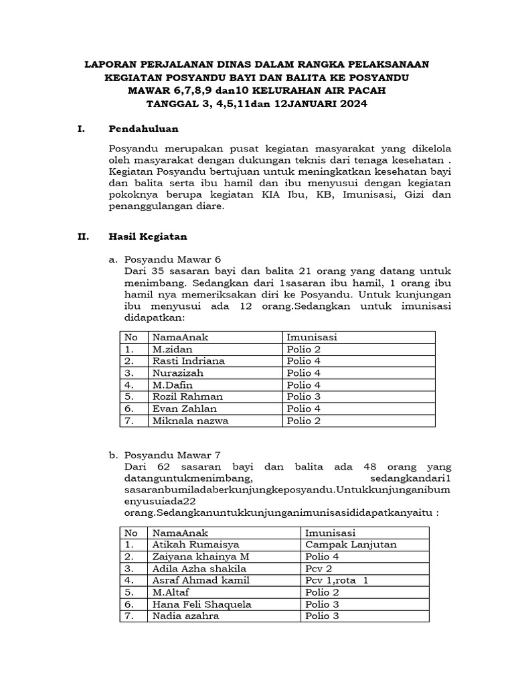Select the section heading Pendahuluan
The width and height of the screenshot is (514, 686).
point(143,129)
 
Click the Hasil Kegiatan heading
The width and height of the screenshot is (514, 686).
point(147,236)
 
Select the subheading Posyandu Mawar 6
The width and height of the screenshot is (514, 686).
point(172,259)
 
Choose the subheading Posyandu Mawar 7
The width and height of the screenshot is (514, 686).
point(172,455)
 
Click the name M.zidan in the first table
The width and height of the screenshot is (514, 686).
point(171,349)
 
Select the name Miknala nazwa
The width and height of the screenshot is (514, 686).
point(190,421)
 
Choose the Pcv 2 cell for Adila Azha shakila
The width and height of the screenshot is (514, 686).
point(320,568)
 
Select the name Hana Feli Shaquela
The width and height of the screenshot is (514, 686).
point(201,604)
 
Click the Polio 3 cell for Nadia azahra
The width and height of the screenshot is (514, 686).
point(322,616)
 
